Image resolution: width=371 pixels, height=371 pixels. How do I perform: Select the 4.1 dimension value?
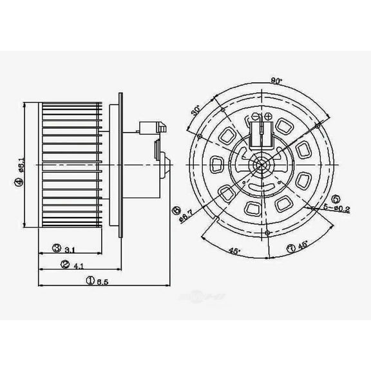(79, 265)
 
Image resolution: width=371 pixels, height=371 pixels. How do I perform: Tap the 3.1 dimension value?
(71, 248)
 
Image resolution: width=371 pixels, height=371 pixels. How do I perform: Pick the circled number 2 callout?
(65, 265)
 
